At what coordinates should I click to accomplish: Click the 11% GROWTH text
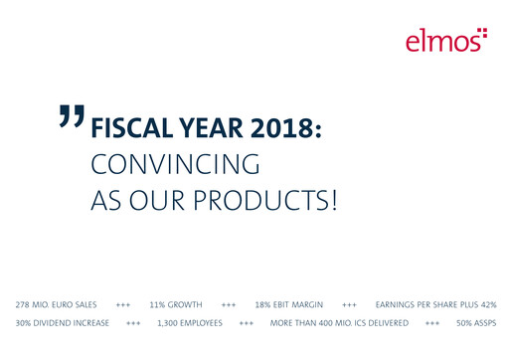pyautogui.click(x=176, y=304)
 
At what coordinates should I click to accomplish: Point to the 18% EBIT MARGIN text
pyautogui.click(x=290, y=304)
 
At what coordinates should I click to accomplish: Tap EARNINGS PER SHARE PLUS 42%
pyautogui.click(x=435, y=304)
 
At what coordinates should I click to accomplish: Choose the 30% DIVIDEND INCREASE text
pyautogui.click(x=61, y=323)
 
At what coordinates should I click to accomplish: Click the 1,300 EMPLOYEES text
pyautogui.click(x=190, y=323)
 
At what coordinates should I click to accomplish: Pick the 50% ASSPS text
pyautogui.click(x=476, y=323)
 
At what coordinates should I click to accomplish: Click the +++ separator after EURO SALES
pyautogui.click(x=123, y=304)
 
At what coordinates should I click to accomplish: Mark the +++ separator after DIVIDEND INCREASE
pyautogui.click(x=133, y=323)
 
